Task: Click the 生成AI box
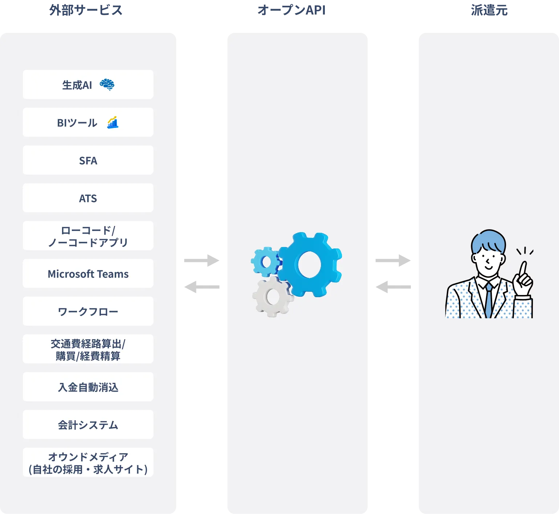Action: [88, 85]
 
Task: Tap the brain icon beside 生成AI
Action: [107, 84]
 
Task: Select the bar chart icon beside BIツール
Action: [113, 122]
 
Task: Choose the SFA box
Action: [88, 160]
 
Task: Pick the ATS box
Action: [88, 198]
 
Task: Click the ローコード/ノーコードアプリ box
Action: [88, 236]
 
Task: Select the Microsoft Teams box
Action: [88, 274]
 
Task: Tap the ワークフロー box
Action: [88, 311]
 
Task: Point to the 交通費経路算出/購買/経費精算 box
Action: [88, 349]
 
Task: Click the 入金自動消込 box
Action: [88, 387]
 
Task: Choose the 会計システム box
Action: [88, 425]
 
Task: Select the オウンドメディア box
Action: [88, 462]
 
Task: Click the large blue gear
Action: [309, 264]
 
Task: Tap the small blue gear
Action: [266, 261]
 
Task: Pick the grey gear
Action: [273, 297]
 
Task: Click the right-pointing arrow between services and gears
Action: [202, 260]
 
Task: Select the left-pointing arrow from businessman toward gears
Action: [393, 287]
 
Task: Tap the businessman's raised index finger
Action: [523, 269]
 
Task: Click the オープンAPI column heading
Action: [291, 10]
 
